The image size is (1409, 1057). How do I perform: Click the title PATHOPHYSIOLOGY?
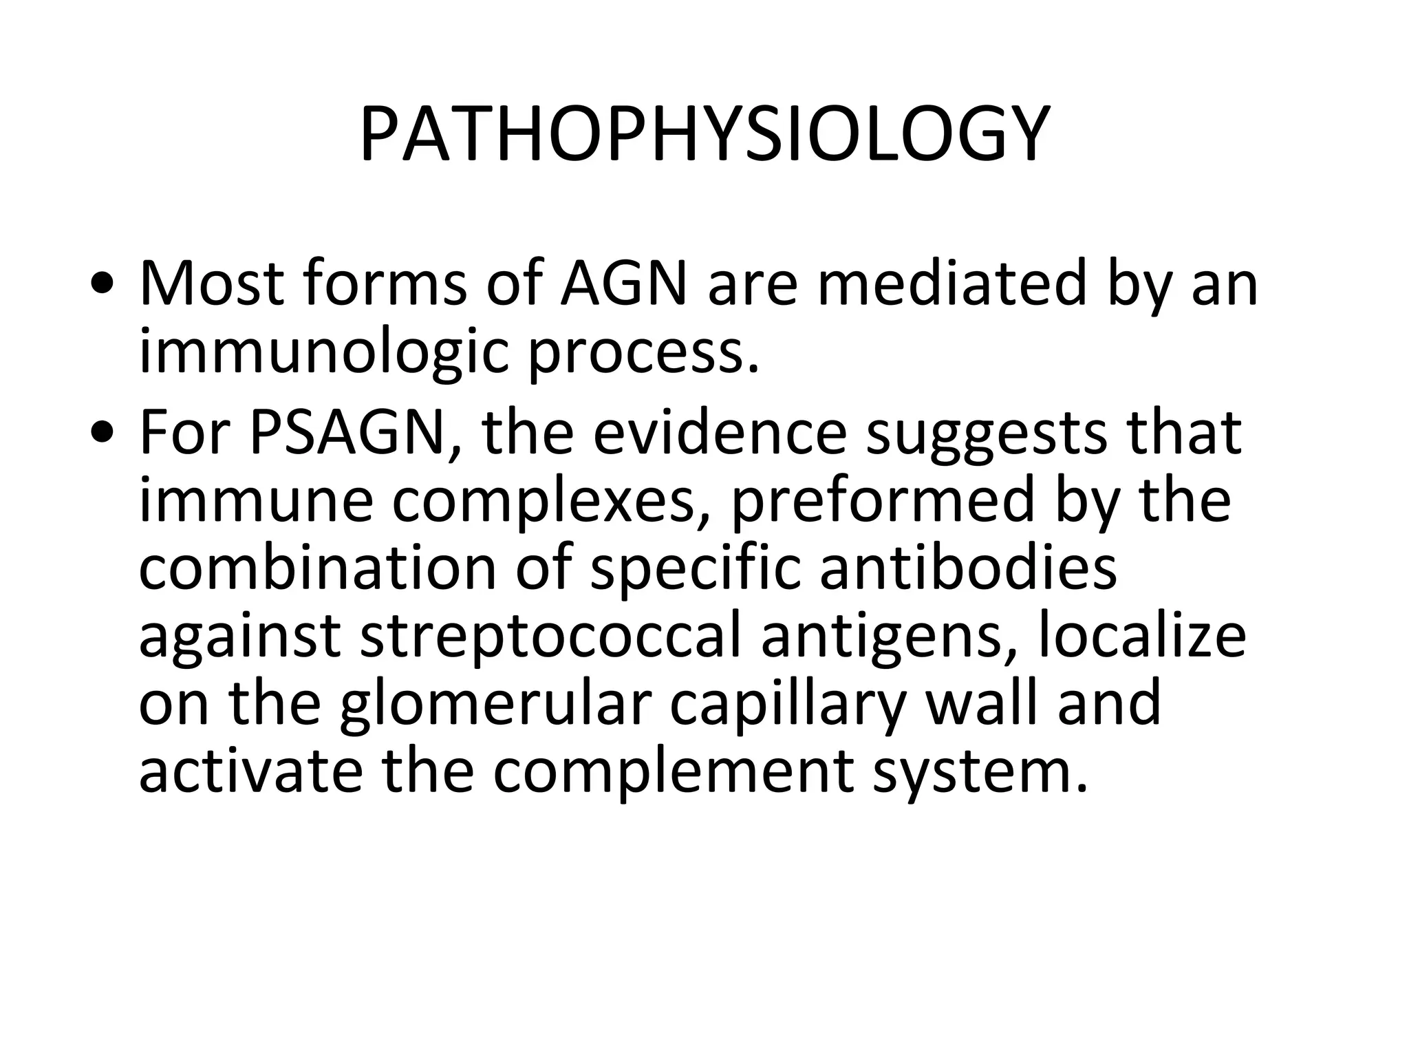704,134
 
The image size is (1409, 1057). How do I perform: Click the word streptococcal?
550,637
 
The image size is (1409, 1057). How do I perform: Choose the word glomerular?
495,703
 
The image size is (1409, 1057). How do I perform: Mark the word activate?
250,771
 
